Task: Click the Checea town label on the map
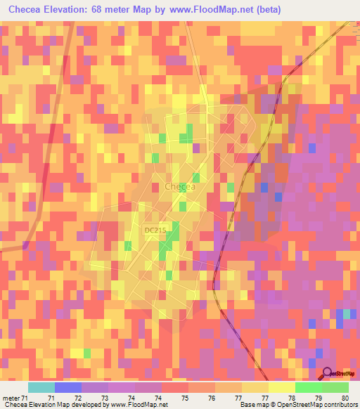coord(179,187)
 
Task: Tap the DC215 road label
coord(155,230)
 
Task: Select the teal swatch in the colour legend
coord(41,387)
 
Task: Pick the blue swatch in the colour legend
coord(68,387)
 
